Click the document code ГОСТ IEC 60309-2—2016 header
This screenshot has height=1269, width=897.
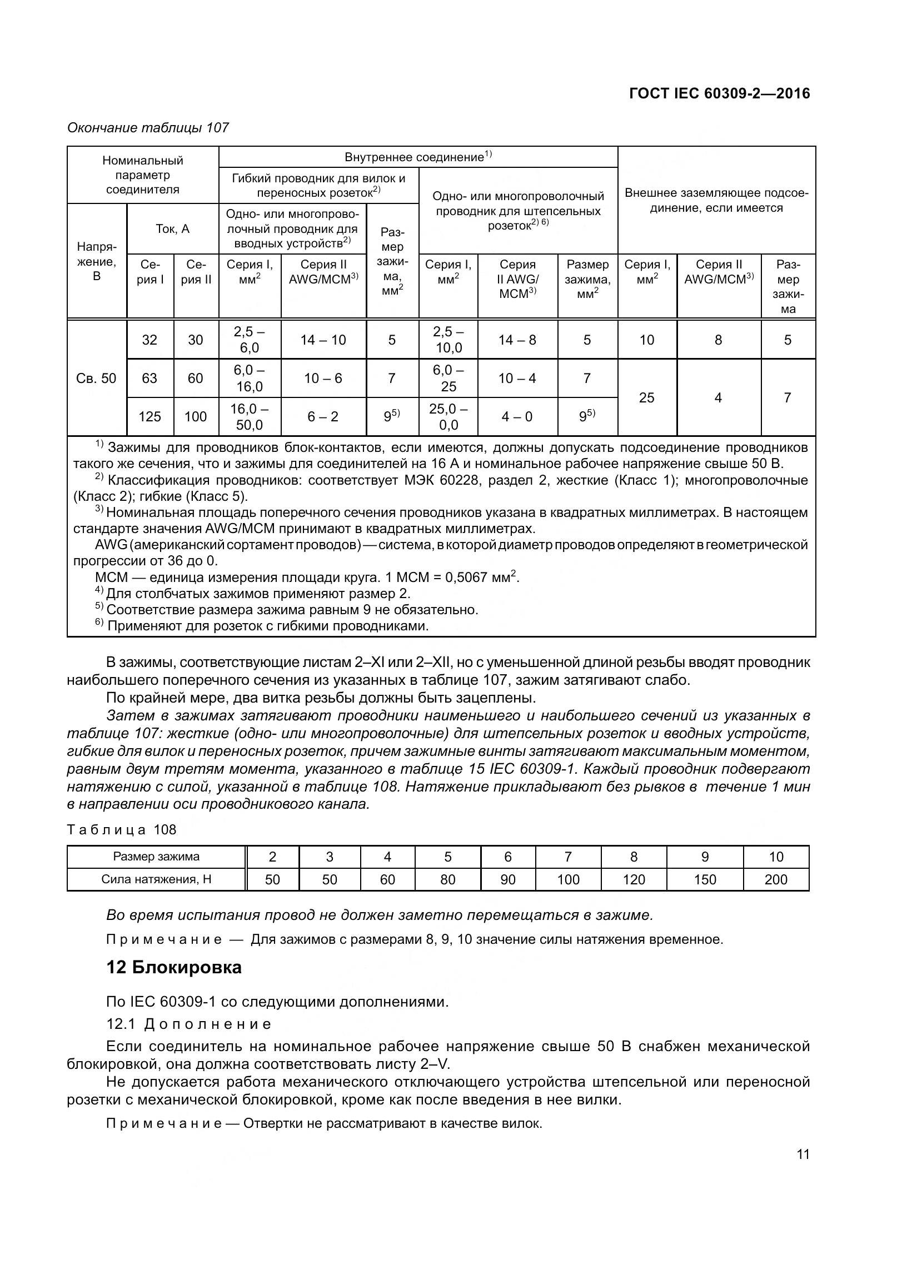719,93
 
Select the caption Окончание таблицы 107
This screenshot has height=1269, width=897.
148,128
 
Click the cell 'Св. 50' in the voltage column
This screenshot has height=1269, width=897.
96,379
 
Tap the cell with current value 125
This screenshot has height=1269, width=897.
149,416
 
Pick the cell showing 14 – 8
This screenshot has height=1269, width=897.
517,340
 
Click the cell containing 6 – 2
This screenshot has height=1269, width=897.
323,416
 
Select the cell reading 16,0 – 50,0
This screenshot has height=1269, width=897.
249,417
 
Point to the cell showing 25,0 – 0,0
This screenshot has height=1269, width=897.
448,417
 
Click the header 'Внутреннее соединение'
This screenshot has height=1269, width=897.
418,157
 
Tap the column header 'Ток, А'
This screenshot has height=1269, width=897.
172,229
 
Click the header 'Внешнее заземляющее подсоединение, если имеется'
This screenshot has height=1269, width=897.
716,201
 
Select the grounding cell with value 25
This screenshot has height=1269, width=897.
646,397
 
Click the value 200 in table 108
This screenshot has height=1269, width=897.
775,879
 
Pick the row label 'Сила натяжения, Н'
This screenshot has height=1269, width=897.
156,879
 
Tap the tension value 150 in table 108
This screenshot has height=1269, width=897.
704,879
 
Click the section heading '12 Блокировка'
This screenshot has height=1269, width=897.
173,967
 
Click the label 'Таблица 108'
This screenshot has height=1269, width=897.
122,830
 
